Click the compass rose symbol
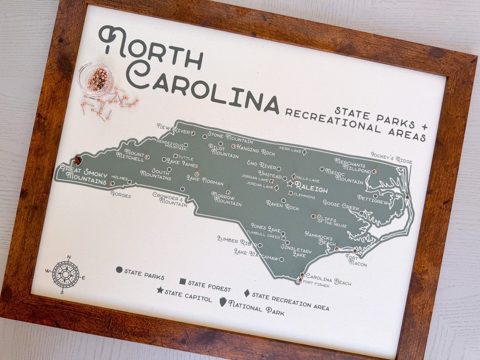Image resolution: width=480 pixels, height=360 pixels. tap(65, 274)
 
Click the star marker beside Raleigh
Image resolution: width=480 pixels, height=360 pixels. tap(290, 183)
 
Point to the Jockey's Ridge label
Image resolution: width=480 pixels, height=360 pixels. tap(391, 157)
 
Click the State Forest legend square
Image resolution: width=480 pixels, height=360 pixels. tap(182, 282)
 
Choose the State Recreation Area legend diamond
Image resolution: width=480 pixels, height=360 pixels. tap(247, 293)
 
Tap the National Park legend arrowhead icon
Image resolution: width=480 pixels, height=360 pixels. tap(223, 302)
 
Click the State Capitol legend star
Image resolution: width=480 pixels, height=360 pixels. tap(160, 290)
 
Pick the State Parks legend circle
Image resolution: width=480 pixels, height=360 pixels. tap(119, 269)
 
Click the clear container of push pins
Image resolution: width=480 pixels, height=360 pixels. tap(95, 79)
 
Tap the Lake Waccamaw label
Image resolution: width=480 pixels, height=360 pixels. tap(256, 254)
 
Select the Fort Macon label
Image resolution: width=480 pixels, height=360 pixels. tap(356, 260)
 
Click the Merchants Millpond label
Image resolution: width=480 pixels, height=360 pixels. tap(352, 165)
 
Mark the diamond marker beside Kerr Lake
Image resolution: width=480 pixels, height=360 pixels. tap(304, 152)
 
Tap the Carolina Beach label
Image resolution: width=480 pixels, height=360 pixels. tap(328, 279)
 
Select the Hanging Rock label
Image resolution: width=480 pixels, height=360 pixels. tap(256, 150)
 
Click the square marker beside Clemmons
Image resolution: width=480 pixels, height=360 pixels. tap(290, 193)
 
